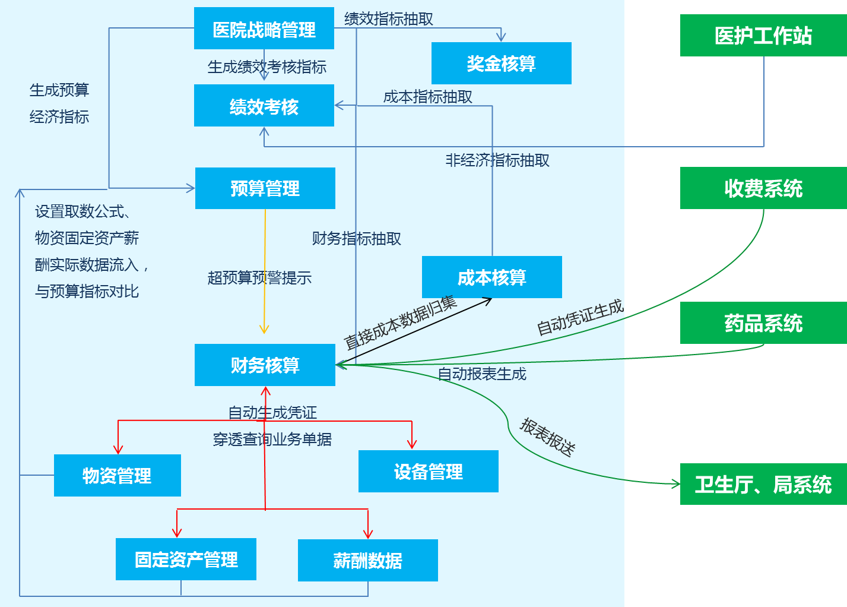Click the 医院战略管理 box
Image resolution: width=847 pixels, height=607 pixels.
point(264,29)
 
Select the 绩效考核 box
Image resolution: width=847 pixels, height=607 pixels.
point(264,106)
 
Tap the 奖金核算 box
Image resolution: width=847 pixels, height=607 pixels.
point(501,64)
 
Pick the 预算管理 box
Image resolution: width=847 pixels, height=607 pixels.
point(265,188)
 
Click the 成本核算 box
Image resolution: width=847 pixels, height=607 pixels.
point(491,277)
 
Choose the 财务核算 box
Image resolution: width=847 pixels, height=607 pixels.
point(265,365)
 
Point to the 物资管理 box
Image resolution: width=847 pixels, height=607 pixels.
point(117,475)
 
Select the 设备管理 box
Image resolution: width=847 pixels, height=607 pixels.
point(428,472)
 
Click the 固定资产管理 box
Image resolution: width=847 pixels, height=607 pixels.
point(186,559)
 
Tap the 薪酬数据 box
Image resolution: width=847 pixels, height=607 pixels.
point(367,561)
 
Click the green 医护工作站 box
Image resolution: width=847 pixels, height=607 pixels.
point(763,36)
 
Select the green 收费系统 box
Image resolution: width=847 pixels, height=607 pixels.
point(763,188)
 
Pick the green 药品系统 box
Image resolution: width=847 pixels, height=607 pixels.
point(763,323)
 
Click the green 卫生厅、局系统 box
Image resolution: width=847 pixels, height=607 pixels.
point(763,484)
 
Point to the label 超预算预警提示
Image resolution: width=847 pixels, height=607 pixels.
point(259,278)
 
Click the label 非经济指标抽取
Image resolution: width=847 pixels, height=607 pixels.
point(497,160)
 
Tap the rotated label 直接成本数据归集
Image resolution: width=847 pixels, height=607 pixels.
point(400,322)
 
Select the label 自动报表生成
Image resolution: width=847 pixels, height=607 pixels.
point(482,374)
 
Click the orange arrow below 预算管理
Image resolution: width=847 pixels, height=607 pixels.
point(265,273)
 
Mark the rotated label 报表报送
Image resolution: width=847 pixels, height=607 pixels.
point(547,437)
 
